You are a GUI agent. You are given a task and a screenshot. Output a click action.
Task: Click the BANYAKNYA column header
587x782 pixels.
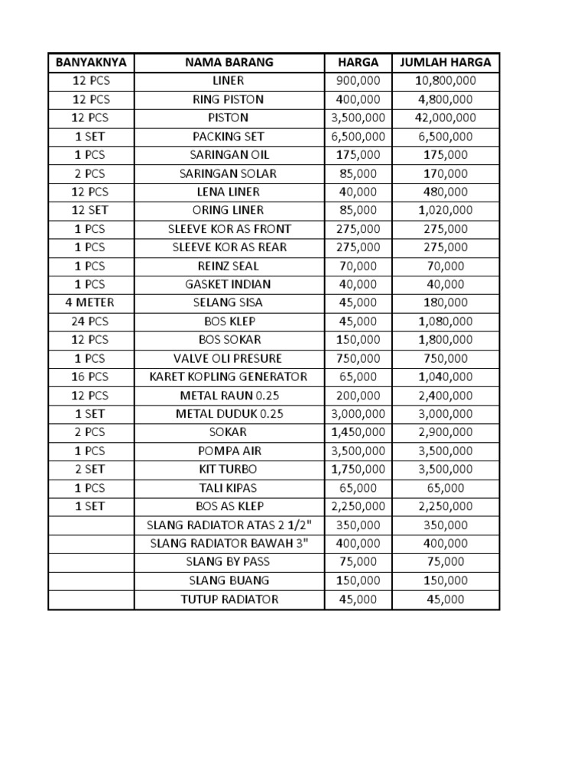tap(91, 63)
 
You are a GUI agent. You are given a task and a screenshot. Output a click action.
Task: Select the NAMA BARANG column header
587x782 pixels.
tap(229, 63)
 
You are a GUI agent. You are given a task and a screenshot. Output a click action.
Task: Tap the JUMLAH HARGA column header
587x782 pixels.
tap(446, 63)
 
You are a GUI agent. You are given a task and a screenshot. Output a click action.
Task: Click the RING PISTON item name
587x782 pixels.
tap(229, 99)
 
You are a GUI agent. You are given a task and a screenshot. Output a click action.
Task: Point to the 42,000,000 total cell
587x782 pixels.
tap(446, 118)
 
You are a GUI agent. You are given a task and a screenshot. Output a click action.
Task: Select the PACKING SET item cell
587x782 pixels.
tap(229, 137)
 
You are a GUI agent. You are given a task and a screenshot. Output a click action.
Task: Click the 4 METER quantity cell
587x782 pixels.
tap(91, 302)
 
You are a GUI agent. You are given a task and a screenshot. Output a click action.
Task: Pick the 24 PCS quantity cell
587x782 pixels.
tap(91, 322)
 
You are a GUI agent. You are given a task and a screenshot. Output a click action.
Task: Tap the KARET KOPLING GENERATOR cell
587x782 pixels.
tap(229, 376)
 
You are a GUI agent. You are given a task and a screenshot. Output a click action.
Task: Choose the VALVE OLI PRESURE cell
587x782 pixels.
tap(229, 358)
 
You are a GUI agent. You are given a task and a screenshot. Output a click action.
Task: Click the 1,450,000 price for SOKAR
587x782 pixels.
tap(358, 432)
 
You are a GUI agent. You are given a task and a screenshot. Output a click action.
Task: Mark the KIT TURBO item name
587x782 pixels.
tap(229, 469)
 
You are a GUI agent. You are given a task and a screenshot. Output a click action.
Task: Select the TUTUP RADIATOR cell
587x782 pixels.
tap(229, 599)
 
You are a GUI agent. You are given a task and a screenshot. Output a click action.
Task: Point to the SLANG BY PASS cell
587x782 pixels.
tap(229, 561)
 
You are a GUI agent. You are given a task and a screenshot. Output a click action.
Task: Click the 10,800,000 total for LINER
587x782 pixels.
tap(446, 81)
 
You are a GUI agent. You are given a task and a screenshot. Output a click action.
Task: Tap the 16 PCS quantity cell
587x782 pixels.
tap(91, 376)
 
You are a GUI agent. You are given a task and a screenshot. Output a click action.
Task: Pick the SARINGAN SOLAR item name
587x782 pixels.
tap(229, 173)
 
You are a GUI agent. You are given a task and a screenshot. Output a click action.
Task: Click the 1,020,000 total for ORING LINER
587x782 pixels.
tap(446, 210)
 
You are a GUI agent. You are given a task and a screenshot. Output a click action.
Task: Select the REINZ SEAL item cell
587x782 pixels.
tap(229, 266)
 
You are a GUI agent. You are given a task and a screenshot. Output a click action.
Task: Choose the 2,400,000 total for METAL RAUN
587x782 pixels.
tap(446, 396)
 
